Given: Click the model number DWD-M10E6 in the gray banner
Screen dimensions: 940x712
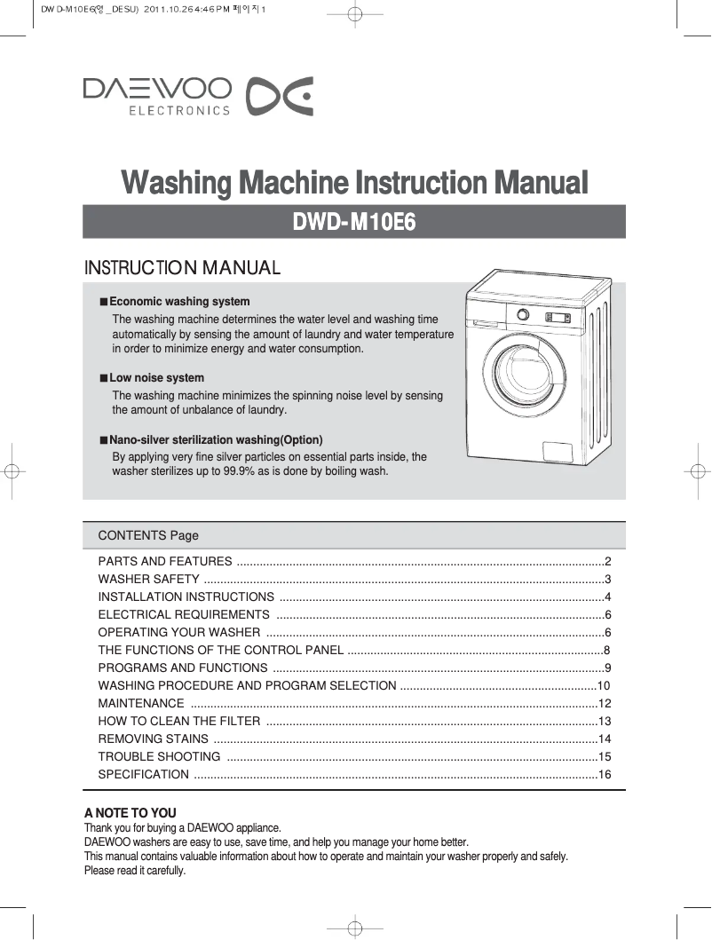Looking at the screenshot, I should [354, 222].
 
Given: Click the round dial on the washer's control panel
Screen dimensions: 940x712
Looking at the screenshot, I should [524, 314].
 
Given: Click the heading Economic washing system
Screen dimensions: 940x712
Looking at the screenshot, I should [179, 302].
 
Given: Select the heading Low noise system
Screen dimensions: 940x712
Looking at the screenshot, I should [156, 378].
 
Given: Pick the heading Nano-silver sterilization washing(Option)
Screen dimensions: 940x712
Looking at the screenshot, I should [216, 440].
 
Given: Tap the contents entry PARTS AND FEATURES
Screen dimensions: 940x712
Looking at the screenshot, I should [165, 562].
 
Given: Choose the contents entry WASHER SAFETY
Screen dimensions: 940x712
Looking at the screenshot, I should [142, 580].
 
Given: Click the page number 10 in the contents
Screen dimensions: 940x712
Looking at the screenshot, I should [604, 686].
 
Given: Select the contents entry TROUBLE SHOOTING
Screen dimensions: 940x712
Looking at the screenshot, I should [160, 757].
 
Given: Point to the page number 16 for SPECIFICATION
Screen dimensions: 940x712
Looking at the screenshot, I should [605, 775].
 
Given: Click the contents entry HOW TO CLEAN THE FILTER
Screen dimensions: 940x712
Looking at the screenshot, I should [179, 722].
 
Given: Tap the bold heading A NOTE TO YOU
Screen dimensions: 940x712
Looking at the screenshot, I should [130, 813].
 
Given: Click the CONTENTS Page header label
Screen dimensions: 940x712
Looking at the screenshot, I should [148, 535].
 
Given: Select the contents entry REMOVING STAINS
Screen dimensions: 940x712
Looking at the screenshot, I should [154, 739].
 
